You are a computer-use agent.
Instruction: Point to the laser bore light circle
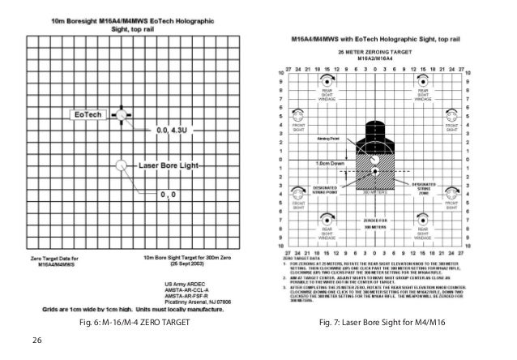[x=122, y=165]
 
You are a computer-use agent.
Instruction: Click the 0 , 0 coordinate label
[x=169, y=195]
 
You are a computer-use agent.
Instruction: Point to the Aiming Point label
[x=327, y=139]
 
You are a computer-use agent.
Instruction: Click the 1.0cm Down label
[x=327, y=163]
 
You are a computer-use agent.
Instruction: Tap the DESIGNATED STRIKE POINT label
[x=327, y=189]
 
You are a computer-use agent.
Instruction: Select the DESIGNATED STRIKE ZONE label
[x=421, y=188]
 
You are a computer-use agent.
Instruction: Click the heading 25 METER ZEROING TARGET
[x=374, y=50]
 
